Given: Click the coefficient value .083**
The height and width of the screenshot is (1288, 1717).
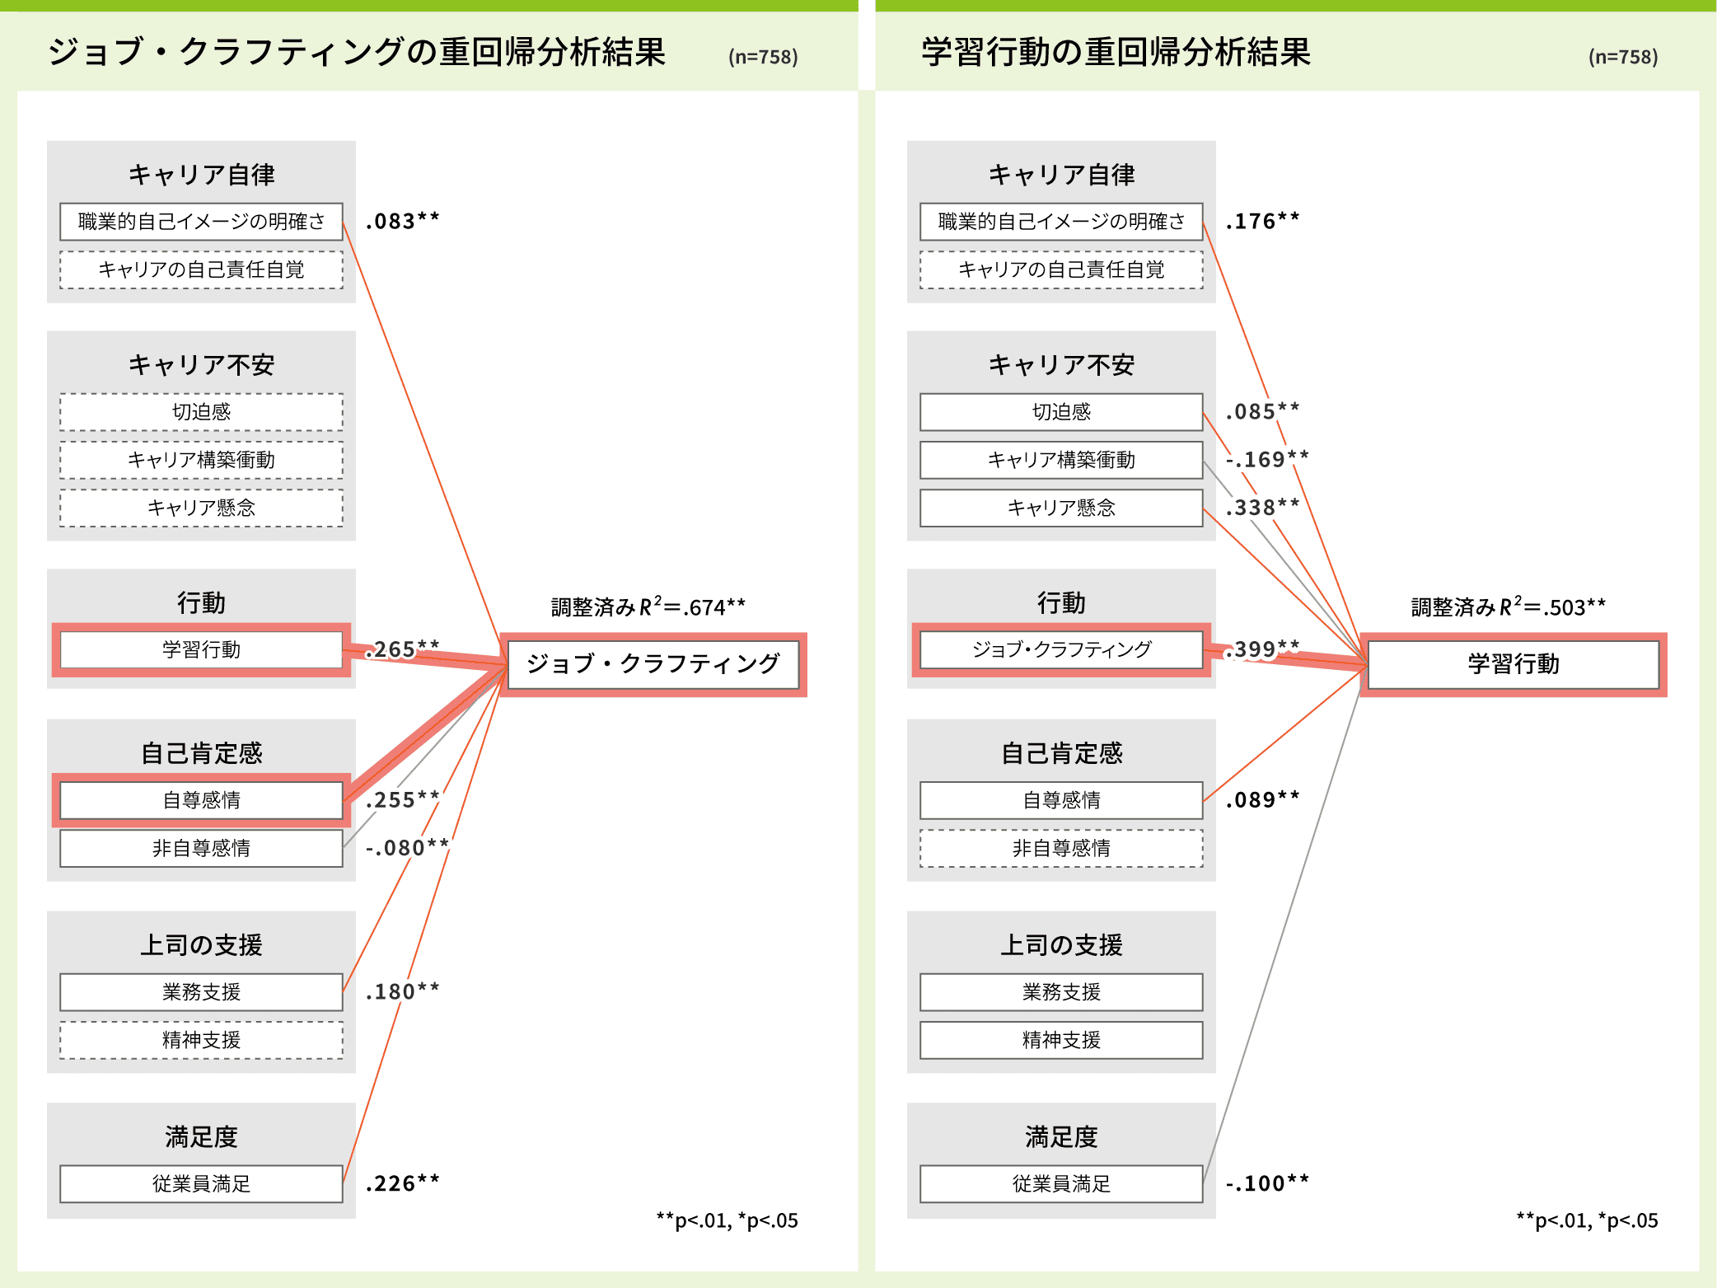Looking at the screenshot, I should point(402,222).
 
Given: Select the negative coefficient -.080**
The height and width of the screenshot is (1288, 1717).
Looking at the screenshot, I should point(407,848).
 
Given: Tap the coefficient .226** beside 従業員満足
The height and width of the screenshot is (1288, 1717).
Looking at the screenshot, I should point(402,1184).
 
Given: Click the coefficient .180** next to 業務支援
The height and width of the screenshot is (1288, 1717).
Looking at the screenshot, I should point(402,991).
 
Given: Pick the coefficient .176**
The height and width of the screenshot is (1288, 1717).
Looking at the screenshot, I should point(1262,222).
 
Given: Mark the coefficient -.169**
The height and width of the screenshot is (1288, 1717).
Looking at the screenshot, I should point(1266,459).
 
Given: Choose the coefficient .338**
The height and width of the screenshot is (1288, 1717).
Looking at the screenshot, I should point(1262,508).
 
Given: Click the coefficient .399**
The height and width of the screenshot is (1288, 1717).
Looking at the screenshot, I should point(1262,649).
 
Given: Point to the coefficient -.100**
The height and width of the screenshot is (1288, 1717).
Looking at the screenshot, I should point(1266,1184).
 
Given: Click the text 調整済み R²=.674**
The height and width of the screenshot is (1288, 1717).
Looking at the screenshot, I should point(648,607).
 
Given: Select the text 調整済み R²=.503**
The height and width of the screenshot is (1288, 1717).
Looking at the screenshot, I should point(1508,607).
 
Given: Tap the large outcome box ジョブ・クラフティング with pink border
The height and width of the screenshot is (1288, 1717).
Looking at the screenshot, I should point(653,664).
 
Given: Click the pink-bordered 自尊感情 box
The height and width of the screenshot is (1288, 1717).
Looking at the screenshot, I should point(201,800).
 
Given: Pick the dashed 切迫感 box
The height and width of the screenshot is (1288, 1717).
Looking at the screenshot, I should point(201,412).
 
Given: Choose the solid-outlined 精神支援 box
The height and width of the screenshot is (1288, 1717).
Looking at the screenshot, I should point(1061,1040).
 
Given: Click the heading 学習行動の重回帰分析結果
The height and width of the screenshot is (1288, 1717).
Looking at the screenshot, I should point(1116,53).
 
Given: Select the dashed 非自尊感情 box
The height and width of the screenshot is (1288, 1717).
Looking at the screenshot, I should point(1061,848).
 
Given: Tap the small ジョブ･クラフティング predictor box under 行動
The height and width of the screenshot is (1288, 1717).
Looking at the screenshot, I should point(1061,649).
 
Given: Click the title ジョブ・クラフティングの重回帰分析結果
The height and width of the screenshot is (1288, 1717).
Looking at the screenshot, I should point(356,53).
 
